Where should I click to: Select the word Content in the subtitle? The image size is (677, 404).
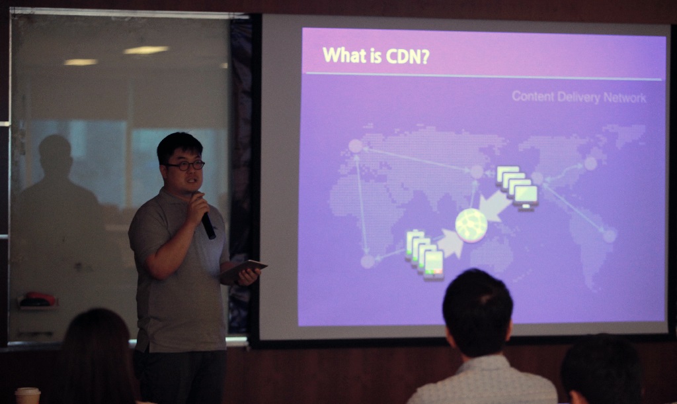[x=532, y=96]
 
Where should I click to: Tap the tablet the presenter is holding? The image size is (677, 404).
[x=243, y=269]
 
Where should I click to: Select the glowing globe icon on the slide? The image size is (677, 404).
[x=471, y=225]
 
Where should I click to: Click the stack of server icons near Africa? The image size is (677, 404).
[x=424, y=255]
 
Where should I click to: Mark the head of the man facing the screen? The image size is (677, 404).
[x=477, y=311]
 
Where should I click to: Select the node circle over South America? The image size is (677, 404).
[x=609, y=236]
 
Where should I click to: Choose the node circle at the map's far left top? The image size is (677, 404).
[x=355, y=146]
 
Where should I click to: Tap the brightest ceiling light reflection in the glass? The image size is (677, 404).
[x=146, y=50]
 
